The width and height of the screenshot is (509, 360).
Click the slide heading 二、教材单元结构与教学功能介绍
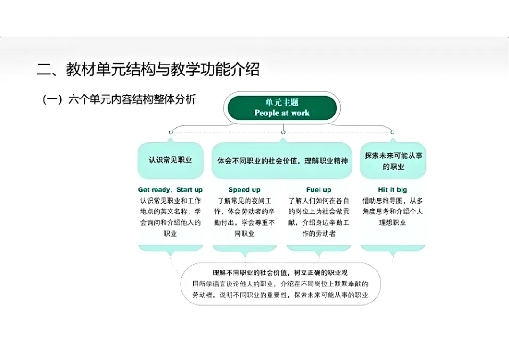[x=148, y=70]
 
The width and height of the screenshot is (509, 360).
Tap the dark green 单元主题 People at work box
[x=282, y=108]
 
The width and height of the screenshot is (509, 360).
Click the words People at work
[x=282, y=113]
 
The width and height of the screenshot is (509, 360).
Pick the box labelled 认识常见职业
[x=170, y=160]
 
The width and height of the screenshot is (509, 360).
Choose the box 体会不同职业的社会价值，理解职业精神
[x=282, y=160]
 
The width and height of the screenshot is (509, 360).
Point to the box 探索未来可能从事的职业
[x=393, y=161]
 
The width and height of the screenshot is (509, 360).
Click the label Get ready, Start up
[x=170, y=190]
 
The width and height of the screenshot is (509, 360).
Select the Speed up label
[x=244, y=190]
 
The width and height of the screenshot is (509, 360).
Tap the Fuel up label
[x=319, y=190]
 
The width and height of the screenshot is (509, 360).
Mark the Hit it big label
[x=393, y=190]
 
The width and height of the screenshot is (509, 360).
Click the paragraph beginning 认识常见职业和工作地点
[x=170, y=217]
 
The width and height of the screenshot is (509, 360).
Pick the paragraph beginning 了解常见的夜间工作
[x=244, y=217]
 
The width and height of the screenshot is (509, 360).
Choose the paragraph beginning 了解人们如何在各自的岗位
[x=319, y=217]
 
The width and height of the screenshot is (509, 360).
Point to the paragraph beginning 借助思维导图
[x=393, y=212]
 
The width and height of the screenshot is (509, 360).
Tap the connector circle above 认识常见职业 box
[x=171, y=132]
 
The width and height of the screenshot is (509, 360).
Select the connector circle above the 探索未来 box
[x=393, y=132]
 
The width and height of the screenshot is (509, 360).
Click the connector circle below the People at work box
[x=283, y=132]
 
